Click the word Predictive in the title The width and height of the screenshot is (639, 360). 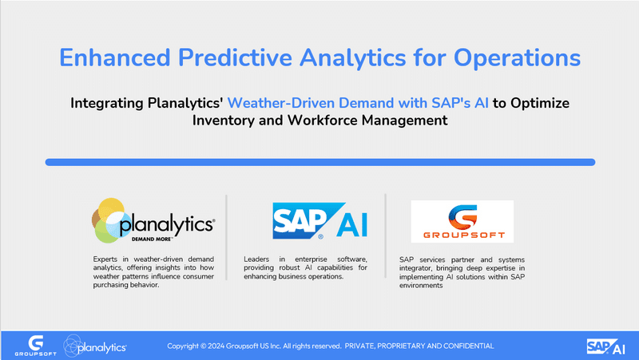coord(235,57)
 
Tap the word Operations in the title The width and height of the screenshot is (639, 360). coord(517,58)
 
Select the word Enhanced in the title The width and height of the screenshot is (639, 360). coord(115,57)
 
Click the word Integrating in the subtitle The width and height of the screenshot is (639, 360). coord(107,104)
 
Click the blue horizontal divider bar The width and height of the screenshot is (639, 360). coord(320,162)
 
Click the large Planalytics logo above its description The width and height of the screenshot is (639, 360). coord(153,221)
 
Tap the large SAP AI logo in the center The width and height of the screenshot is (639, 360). coord(320,220)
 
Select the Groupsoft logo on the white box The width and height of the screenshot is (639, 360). coord(462,222)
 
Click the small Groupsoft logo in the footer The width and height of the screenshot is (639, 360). coord(35,346)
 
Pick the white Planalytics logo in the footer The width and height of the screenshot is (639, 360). coord(95,346)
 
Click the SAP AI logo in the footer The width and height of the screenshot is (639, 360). coord(606,347)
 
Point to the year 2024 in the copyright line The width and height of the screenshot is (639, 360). coord(216,346)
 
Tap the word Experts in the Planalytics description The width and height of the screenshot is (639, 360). coord(105,259)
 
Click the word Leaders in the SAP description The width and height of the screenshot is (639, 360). coord(256,259)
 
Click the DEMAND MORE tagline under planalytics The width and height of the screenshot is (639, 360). coord(152,239)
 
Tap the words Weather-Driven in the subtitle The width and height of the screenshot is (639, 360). coord(281,103)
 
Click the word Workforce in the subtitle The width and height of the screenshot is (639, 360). coord(323,121)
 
